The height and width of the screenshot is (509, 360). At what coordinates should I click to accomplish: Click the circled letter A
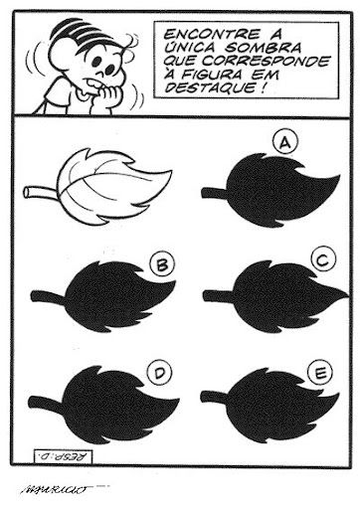point(285,142)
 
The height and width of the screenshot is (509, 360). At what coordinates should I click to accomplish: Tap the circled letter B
point(162,265)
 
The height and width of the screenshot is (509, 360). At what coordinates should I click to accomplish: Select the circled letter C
point(323,260)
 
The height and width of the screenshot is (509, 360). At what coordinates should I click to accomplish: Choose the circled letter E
point(319,373)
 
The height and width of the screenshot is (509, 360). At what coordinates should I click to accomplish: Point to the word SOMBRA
point(264,48)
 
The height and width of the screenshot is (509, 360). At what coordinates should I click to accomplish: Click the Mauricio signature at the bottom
point(55,488)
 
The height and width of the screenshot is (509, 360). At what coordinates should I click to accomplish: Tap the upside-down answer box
point(63,457)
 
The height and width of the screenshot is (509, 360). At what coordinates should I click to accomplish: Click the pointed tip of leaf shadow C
point(348,293)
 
